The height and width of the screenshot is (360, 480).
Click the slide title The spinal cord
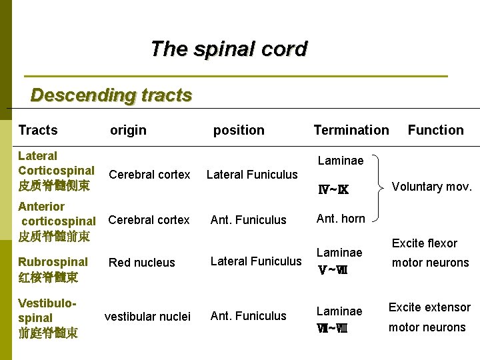point(229,49)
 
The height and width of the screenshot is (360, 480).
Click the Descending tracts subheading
point(111,95)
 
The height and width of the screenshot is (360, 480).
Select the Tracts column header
point(38,130)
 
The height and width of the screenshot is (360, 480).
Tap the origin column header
point(128,130)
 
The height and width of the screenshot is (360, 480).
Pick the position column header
point(239,130)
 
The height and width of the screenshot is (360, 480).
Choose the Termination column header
point(351,130)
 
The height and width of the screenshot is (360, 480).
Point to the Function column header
point(435,130)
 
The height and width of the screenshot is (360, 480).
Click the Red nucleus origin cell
point(142,263)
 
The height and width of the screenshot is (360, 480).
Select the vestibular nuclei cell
point(148,316)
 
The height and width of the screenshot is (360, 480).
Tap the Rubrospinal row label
point(53,262)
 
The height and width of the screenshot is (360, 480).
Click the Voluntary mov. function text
point(432,187)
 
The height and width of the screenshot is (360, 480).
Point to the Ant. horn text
point(341,219)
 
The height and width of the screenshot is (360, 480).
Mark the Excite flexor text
point(425,243)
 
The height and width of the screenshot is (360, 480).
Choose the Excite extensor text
point(429,307)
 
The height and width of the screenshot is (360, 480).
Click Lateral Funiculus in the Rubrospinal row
point(256,261)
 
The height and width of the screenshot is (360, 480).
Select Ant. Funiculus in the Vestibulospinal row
point(248,316)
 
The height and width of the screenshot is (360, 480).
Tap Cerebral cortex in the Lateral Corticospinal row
point(149,175)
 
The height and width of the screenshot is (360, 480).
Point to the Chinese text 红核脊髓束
point(48,277)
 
